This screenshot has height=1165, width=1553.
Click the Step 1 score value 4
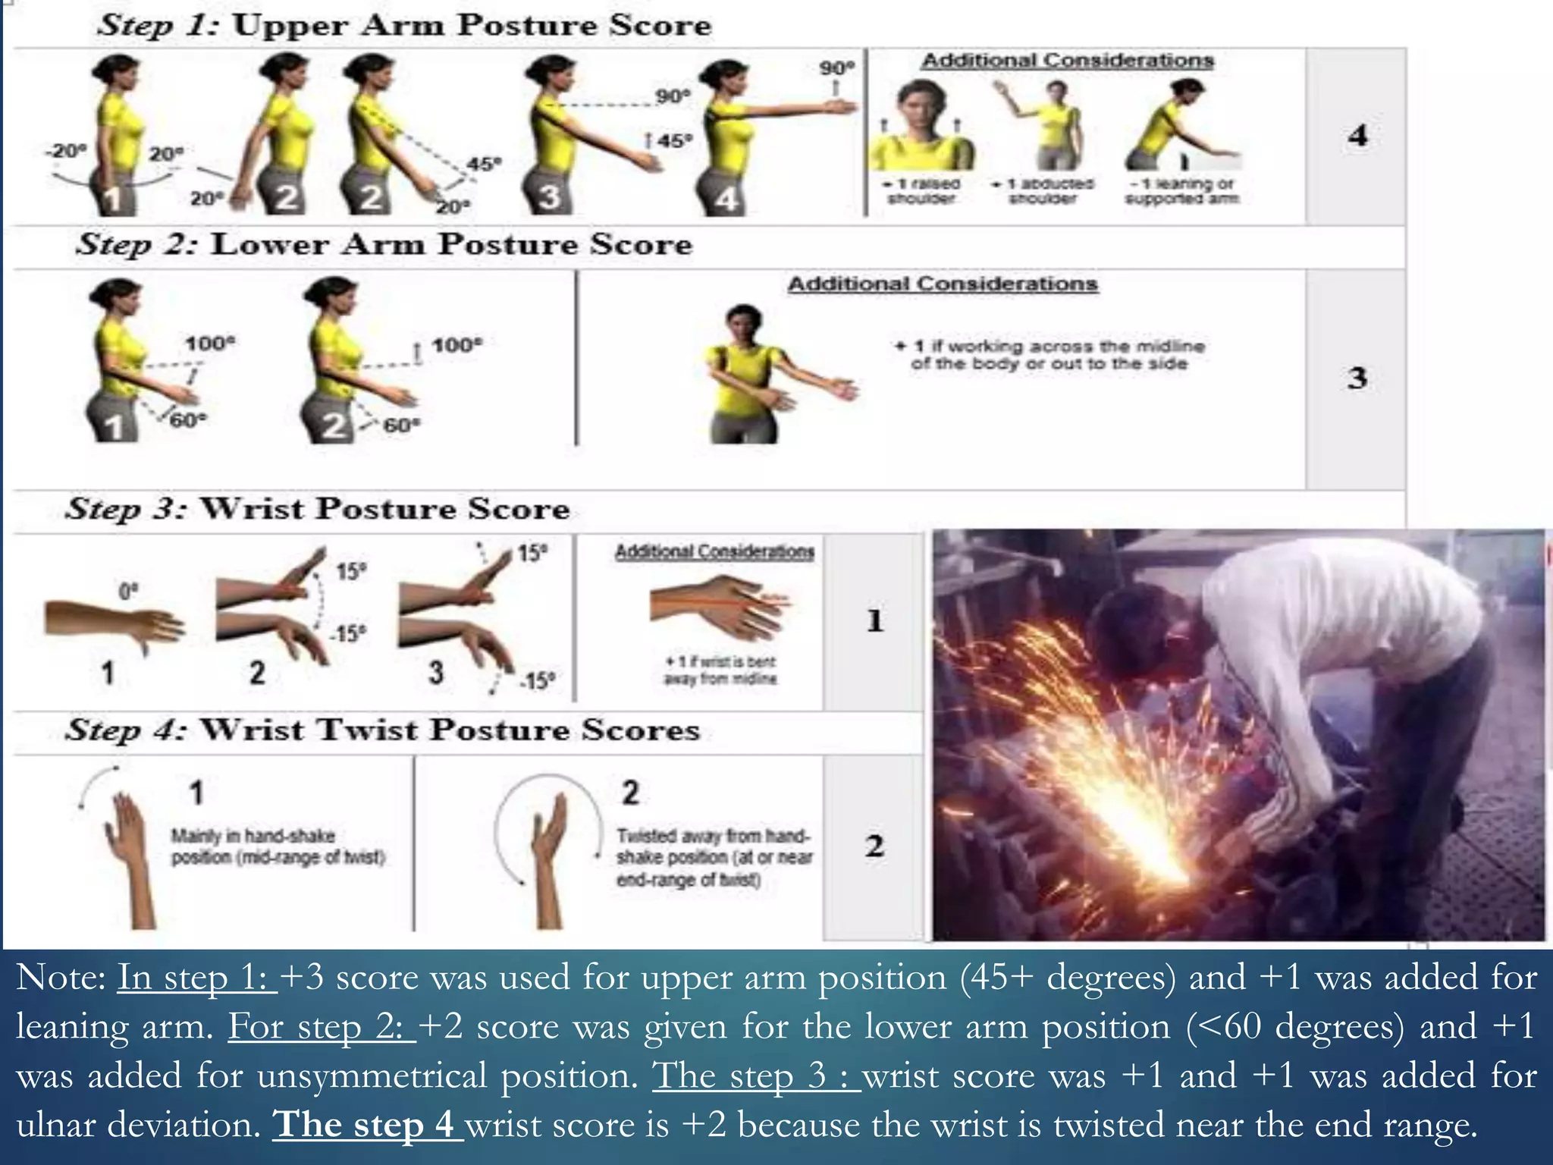1357,136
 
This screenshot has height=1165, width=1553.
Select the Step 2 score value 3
1357,378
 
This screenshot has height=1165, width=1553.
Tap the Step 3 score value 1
874,621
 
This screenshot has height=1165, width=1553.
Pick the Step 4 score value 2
874,846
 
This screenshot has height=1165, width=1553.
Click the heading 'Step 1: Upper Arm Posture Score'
404,25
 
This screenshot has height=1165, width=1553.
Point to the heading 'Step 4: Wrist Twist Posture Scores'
383,730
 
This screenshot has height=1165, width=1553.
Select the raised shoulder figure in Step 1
921,129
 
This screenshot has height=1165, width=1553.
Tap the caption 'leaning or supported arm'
1181,191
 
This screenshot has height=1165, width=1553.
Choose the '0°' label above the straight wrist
128,590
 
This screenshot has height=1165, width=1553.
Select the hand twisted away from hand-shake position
550,857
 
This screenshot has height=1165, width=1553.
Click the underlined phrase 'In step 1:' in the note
196,978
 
